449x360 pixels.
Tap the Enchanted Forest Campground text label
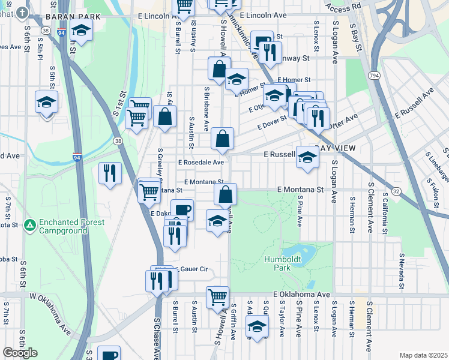click(71, 226)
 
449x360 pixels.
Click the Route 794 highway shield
click(374, 75)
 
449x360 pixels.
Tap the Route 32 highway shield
click(397, 191)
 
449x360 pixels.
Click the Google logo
click(20, 352)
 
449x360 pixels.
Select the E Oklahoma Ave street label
click(302, 295)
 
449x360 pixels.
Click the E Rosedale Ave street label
click(201, 162)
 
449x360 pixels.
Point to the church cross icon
click(22, 13)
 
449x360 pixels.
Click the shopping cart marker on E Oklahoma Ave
click(217, 297)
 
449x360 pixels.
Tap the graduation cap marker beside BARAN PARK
click(80, 30)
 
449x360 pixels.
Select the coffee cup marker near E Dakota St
click(182, 210)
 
